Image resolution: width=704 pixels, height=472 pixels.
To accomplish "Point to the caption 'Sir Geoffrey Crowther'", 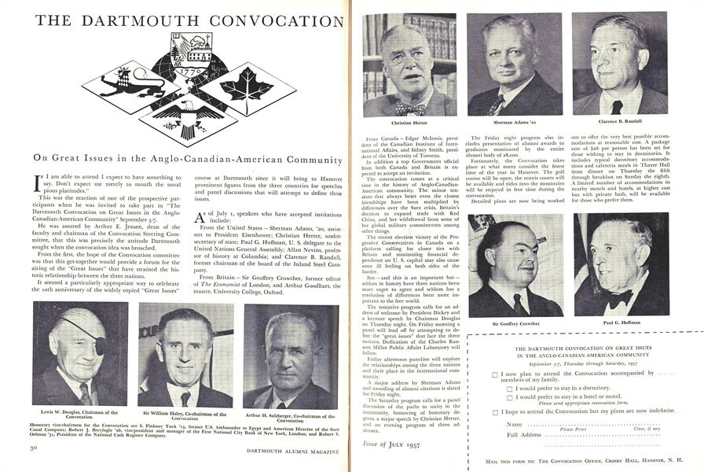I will point(515,323).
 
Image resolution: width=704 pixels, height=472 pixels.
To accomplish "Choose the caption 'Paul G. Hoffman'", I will point(621,323).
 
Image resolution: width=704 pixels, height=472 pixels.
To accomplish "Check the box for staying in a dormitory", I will point(511,388).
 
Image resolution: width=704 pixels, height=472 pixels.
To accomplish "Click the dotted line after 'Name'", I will point(581,425).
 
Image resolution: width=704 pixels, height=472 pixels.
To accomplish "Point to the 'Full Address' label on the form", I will point(524,434).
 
